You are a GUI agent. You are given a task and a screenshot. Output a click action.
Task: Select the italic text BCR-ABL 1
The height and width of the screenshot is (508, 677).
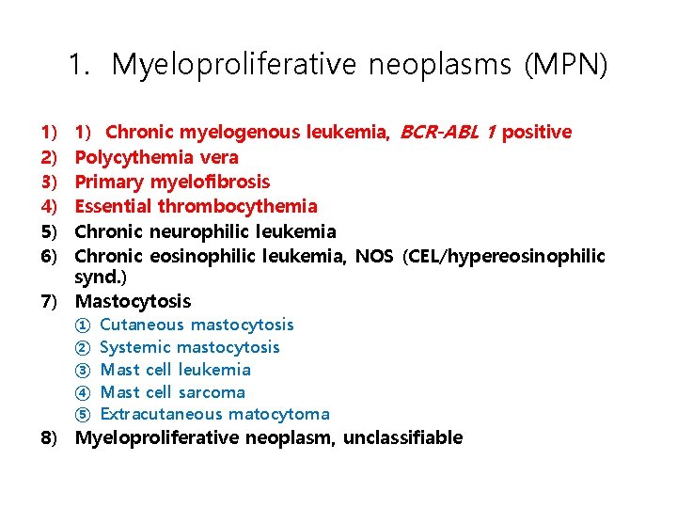(x=448, y=132)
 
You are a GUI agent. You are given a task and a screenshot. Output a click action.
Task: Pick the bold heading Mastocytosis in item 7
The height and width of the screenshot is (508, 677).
(x=133, y=301)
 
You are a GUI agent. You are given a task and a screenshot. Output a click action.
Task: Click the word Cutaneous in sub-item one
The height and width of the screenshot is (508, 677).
(x=142, y=325)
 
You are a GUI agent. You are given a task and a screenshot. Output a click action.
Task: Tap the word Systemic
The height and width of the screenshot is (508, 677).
(x=134, y=347)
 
